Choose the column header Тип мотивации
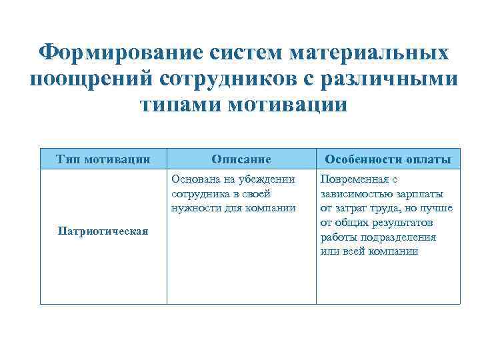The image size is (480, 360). coord(103,159)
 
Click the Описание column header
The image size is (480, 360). coord(241,159)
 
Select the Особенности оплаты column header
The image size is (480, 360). coord(387,159)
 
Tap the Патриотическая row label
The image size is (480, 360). coord(103,231)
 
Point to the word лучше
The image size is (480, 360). coord(437,208)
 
